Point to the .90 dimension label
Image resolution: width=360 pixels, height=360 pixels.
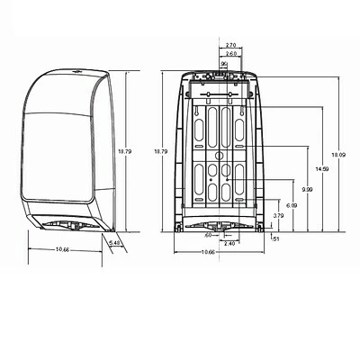(223, 63)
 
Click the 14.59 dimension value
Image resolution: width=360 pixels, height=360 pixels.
(322, 168)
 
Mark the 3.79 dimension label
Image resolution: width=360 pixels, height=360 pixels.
(278, 216)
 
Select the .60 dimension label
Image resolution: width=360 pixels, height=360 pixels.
(208, 236)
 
